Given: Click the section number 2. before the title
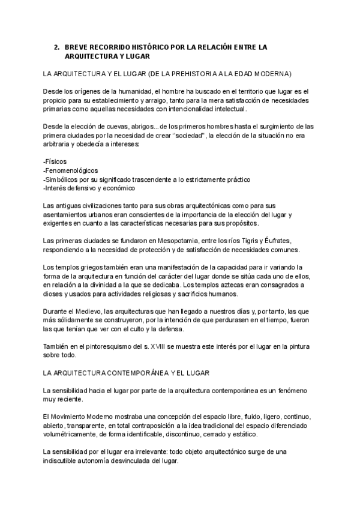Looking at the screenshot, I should pyautogui.click(x=56, y=46).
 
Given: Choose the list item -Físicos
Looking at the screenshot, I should pyautogui.click(x=55, y=162).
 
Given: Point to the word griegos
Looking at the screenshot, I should pyautogui.click(x=107, y=267).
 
